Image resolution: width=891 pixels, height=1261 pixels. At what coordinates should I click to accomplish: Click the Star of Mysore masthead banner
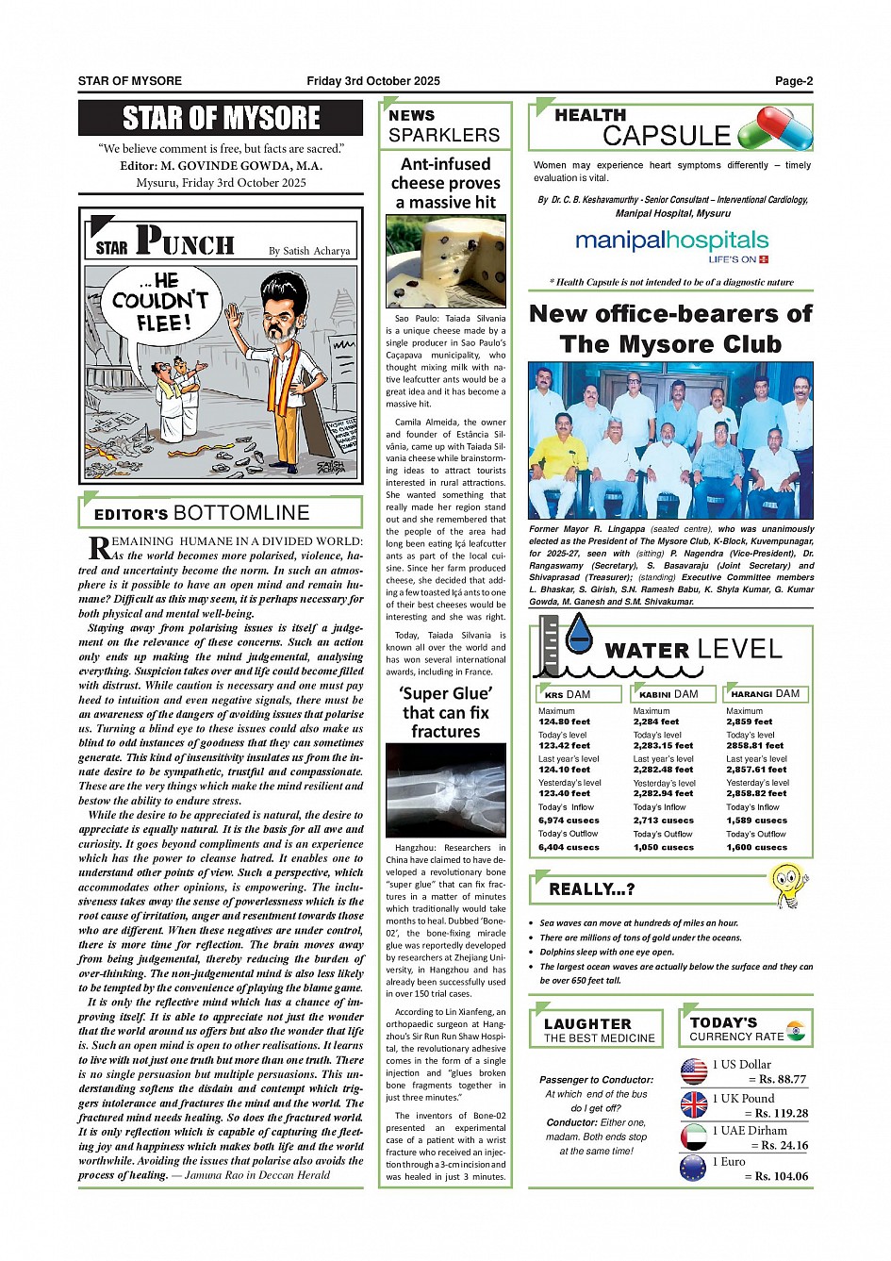tap(221, 118)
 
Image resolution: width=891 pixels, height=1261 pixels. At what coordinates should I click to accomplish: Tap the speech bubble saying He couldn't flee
tap(159, 302)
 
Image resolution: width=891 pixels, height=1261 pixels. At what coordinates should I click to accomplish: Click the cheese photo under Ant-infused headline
tap(445, 261)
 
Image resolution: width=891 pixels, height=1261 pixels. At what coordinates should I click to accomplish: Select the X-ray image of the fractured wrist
tap(445, 789)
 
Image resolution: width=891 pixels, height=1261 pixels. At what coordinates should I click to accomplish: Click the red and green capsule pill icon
tap(775, 127)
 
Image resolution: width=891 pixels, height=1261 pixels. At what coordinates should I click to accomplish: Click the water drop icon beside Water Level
tap(578, 634)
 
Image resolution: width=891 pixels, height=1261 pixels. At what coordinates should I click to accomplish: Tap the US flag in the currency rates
tap(694, 1070)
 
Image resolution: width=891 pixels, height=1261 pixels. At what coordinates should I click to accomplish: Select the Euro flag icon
tap(693, 1169)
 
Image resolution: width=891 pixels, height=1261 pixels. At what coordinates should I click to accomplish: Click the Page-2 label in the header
tap(793, 81)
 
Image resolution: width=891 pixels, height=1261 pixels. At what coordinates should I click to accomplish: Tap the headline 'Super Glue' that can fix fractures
tap(445, 712)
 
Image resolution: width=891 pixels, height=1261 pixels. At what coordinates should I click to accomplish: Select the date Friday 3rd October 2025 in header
tap(372, 81)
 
